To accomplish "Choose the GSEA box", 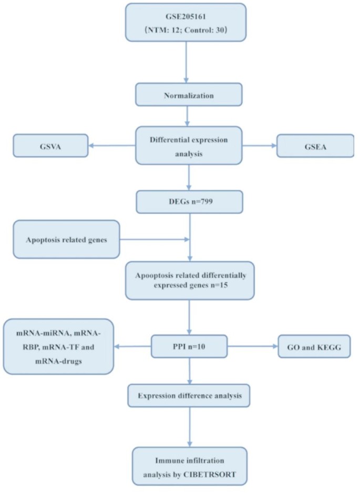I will pos(315,145).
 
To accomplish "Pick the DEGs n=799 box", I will pos(189,200).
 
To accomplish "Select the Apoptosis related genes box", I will pos(66,239).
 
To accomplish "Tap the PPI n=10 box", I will pos(189,347).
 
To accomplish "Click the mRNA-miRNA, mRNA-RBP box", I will pos(58,346).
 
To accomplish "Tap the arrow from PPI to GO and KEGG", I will pos(252,347).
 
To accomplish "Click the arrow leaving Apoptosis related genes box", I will pos(152,239).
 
